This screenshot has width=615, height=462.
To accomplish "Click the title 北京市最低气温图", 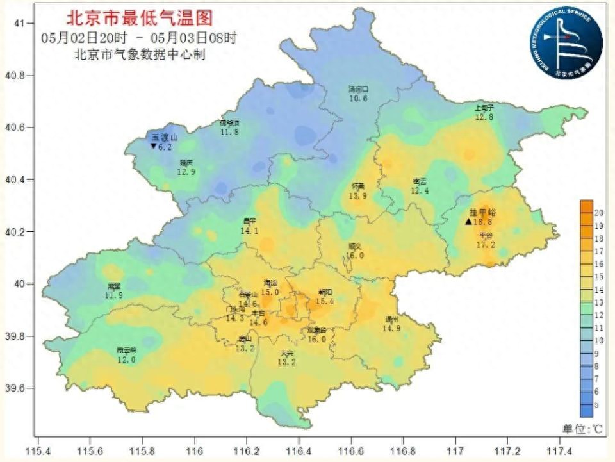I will pyautogui.click(x=140, y=17).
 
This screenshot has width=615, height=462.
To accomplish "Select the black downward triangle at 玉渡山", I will pyautogui.click(x=153, y=146).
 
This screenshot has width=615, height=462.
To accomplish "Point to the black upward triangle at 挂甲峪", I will pyautogui.click(x=468, y=221).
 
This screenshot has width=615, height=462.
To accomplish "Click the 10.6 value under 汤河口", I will pyautogui.click(x=358, y=99).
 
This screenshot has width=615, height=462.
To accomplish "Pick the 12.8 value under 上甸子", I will pyautogui.click(x=484, y=117).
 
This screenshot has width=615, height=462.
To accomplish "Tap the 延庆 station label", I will pyautogui.click(x=186, y=163).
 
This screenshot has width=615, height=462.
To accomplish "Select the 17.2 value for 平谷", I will pyautogui.click(x=486, y=245).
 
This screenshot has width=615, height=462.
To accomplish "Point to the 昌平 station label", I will pyautogui.click(x=249, y=222).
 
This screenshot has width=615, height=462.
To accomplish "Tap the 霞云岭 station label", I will pyautogui.click(x=126, y=351).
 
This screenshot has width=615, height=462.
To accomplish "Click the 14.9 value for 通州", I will pyautogui.click(x=391, y=328).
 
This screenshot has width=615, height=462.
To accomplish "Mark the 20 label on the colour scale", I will pyautogui.click(x=600, y=212).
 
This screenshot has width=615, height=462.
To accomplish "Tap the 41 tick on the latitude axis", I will pyautogui.click(x=19, y=23).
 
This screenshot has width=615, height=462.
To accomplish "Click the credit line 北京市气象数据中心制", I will pyautogui.click(x=140, y=55).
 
